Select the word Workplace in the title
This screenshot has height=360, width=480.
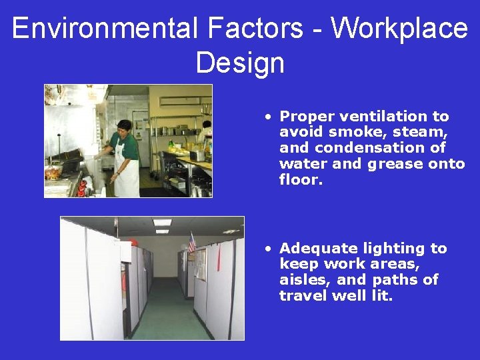pos(399,29)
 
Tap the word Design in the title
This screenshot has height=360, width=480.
pos(240,63)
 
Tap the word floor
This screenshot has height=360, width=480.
pos(300,180)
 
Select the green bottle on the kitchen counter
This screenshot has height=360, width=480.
pos(171,144)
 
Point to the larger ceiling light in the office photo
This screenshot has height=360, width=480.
pos(162,223)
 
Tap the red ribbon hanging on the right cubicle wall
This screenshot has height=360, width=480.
pos(218,257)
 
